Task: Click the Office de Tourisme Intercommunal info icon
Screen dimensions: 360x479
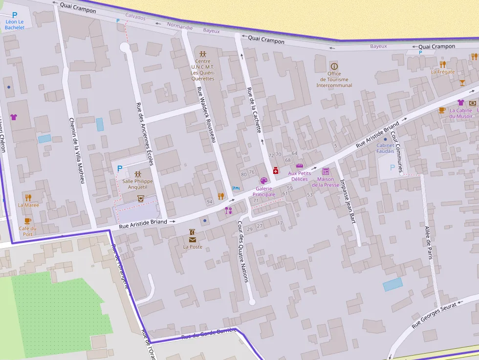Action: click(x=334, y=66)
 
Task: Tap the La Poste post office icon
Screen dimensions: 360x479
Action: click(x=193, y=239)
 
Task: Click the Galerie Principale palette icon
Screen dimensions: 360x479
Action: click(x=264, y=181)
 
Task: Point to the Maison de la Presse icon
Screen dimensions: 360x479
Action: click(x=326, y=171)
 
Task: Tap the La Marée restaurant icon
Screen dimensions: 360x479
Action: click(x=28, y=197)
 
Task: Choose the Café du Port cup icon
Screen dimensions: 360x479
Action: click(x=28, y=221)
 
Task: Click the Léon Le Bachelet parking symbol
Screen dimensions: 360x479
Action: click(x=14, y=15)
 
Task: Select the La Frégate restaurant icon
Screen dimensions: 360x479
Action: click(x=442, y=64)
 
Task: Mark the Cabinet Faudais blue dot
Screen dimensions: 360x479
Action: click(x=385, y=139)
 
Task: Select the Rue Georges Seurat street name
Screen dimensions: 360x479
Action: click(x=434, y=315)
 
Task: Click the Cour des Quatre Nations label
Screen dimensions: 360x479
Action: click(x=243, y=252)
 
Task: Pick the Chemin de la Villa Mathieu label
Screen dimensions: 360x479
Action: click(x=77, y=150)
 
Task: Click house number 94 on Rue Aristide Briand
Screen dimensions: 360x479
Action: click(x=209, y=202)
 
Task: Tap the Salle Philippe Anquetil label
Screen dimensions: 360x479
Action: click(x=137, y=184)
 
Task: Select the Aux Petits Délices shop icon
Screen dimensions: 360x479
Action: click(x=300, y=166)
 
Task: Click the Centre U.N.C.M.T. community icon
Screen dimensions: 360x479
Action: click(x=202, y=53)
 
